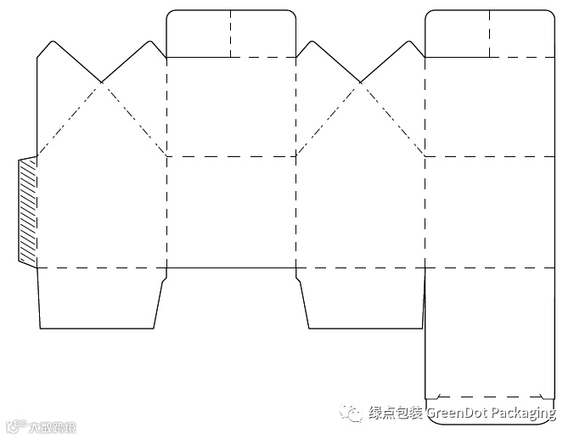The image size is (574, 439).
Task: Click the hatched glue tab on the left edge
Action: click(27, 211)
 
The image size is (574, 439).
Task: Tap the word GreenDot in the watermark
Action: click(459, 414)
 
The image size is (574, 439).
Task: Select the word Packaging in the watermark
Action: click(525, 414)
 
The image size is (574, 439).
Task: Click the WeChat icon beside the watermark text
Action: click(351, 413)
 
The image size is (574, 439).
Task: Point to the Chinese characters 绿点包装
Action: click(396, 414)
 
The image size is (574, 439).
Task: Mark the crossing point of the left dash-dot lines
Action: click(102, 82)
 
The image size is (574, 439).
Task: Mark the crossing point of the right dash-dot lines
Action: click(361, 82)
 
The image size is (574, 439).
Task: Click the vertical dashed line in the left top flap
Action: click(231, 34)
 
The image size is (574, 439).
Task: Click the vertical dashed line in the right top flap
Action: click(490, 34)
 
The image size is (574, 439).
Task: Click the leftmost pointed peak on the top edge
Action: click(52, 41)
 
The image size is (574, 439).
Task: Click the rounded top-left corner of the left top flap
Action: click(170, 14)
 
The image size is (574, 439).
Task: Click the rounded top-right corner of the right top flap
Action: click(552, 14)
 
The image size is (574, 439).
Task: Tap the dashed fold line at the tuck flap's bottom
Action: click(490, 397)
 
